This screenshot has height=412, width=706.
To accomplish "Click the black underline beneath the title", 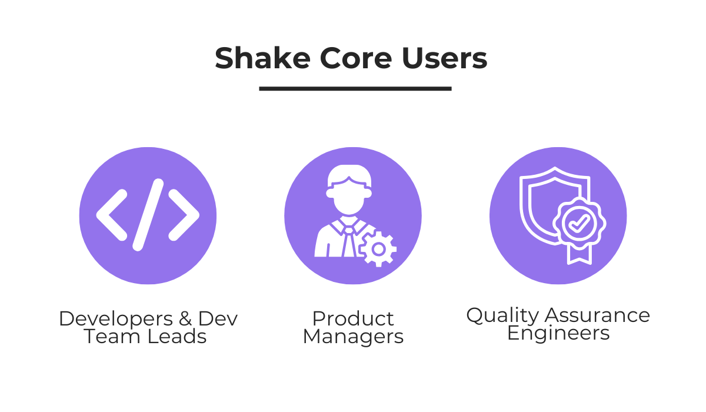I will tap(355, 89).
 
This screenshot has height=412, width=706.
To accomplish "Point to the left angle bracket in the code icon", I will tap(112, 215).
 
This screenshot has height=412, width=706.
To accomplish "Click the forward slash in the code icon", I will tap(148, 215).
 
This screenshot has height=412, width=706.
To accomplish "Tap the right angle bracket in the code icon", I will tap(184, 215).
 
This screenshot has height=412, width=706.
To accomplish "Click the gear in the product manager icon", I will tap(378, 249).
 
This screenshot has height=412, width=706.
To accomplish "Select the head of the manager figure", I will tap(349, 191).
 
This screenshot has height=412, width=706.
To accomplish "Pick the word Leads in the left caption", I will tap(181, 337).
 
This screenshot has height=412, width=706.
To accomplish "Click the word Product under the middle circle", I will tap(353, 318).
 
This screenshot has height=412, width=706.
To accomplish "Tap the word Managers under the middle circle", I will tap(353, 337).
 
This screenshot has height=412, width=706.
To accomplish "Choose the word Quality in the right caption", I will tap(502, 316).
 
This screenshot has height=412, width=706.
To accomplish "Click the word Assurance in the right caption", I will tap(597, 315).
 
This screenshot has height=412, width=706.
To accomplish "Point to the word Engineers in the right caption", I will tap(558, 334).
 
